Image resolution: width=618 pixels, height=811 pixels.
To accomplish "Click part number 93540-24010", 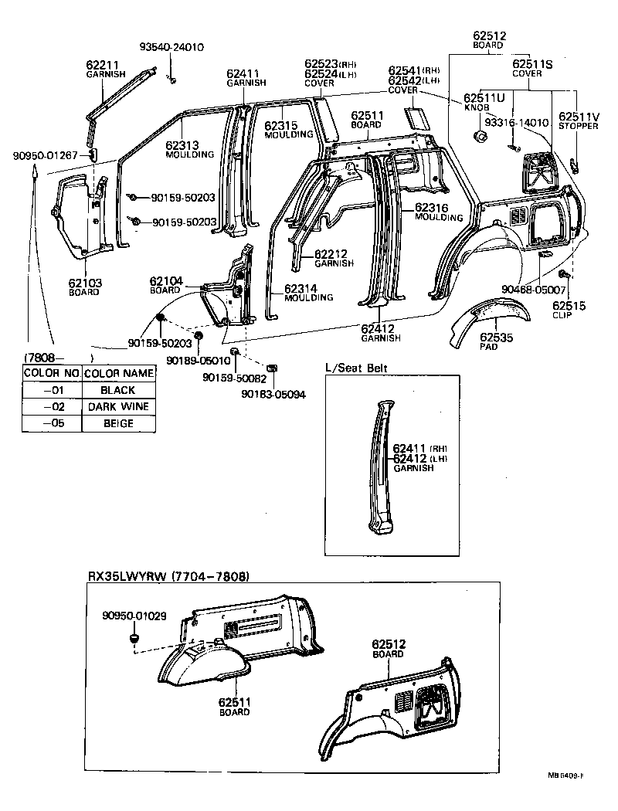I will click(x=171, y=46).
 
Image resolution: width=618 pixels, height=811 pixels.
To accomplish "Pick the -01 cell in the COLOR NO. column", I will click(x=51, y=391).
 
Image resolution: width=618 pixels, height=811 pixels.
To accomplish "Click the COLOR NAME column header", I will click(x=118, y=374).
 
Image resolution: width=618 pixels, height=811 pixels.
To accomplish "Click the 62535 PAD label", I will click(x=494, y=341).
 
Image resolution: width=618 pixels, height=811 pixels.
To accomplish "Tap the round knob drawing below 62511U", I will click(x=479, y=137).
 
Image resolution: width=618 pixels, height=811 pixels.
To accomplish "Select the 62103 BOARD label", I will click(x=84, y=287).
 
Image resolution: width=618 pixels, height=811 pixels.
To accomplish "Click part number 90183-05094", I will click(x=273, y=394).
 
